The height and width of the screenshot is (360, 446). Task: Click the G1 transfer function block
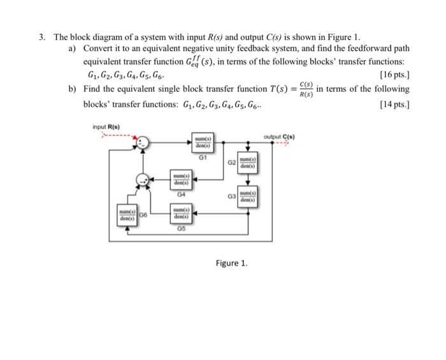(205, 142)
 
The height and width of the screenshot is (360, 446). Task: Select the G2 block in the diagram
(247, 163)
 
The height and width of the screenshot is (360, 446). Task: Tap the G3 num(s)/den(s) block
(247, 198)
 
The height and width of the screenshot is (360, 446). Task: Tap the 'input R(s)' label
(106, 126)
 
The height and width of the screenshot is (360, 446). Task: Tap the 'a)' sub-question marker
(74, 48)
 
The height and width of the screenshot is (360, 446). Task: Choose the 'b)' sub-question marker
(74, 89)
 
